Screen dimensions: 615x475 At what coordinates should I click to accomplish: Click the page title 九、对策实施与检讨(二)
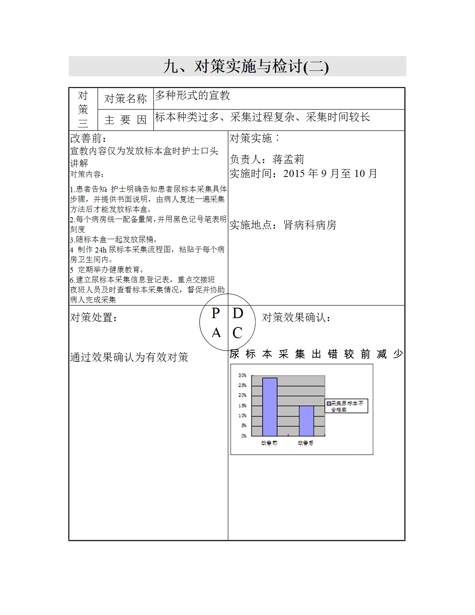click(x=246, y=67)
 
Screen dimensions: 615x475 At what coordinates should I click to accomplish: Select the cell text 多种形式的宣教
click(x=192, y=96)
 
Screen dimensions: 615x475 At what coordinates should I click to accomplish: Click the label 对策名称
click(x=125, y=99)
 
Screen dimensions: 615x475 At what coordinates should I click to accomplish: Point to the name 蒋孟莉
click(x=288, y=159)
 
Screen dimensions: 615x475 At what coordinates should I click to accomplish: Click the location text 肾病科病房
click(x=310, y=225)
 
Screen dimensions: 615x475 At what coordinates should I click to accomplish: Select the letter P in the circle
click(x=216, y=313)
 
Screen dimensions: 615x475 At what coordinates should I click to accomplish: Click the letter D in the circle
click(x=238, y=313)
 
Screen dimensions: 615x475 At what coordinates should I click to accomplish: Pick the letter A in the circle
click(x=216, y=333)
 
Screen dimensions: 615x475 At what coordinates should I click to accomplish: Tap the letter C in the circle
click(x=238, y=333)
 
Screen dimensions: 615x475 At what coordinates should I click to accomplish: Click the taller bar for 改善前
click(x=270, y=407)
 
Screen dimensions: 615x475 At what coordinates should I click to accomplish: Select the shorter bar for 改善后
click(x=306, y=421)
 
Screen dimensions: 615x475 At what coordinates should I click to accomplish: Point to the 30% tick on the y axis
click(x=242, y=375)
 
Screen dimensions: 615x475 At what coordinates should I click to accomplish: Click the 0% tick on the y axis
click(x=244, y=436)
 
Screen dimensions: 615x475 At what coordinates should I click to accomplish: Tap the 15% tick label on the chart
click(x=242, y=406)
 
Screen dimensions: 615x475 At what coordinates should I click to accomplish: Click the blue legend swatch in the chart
click(x=329, y=403)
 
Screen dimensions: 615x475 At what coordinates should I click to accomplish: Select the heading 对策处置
click(x=93, y=318)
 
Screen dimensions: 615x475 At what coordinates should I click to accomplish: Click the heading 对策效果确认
click(x=296, y=318)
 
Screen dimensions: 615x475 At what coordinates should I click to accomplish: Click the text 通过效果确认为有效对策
click(x=129, y=357)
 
